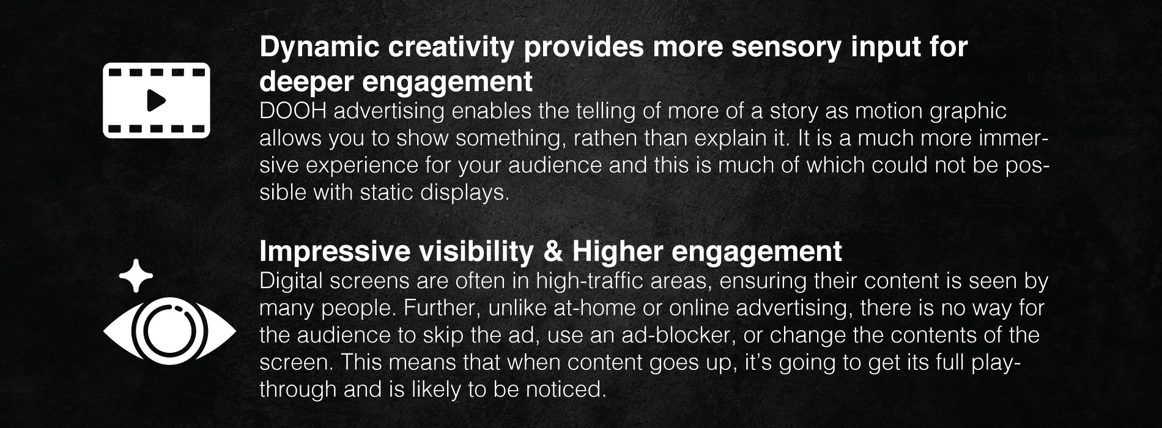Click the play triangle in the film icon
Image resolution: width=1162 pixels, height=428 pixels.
pyautogui.click(x=157, y=100)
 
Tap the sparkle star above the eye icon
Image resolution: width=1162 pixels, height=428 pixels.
pyautogui.click(x=135, y=276)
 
